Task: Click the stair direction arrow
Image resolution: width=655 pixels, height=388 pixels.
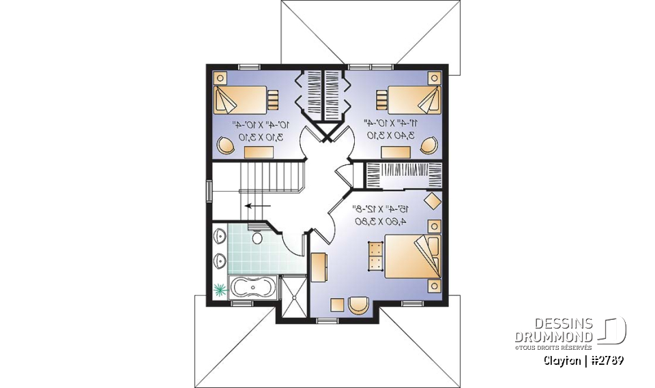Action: coord(258,205)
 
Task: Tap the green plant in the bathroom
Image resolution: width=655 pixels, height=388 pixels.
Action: coord(220,289)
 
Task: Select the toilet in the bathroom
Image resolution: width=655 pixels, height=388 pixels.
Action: coord(257,238)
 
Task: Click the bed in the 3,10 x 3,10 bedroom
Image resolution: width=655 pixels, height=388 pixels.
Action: coord(239,100)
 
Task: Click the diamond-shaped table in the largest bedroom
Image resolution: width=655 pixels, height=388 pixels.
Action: coord(433,201)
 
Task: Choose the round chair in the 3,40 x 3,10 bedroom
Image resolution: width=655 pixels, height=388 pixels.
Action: coord(428,145)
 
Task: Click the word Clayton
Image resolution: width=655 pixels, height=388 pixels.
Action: coord(564,359)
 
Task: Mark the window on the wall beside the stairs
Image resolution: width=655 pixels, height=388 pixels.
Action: coord(209,190)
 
